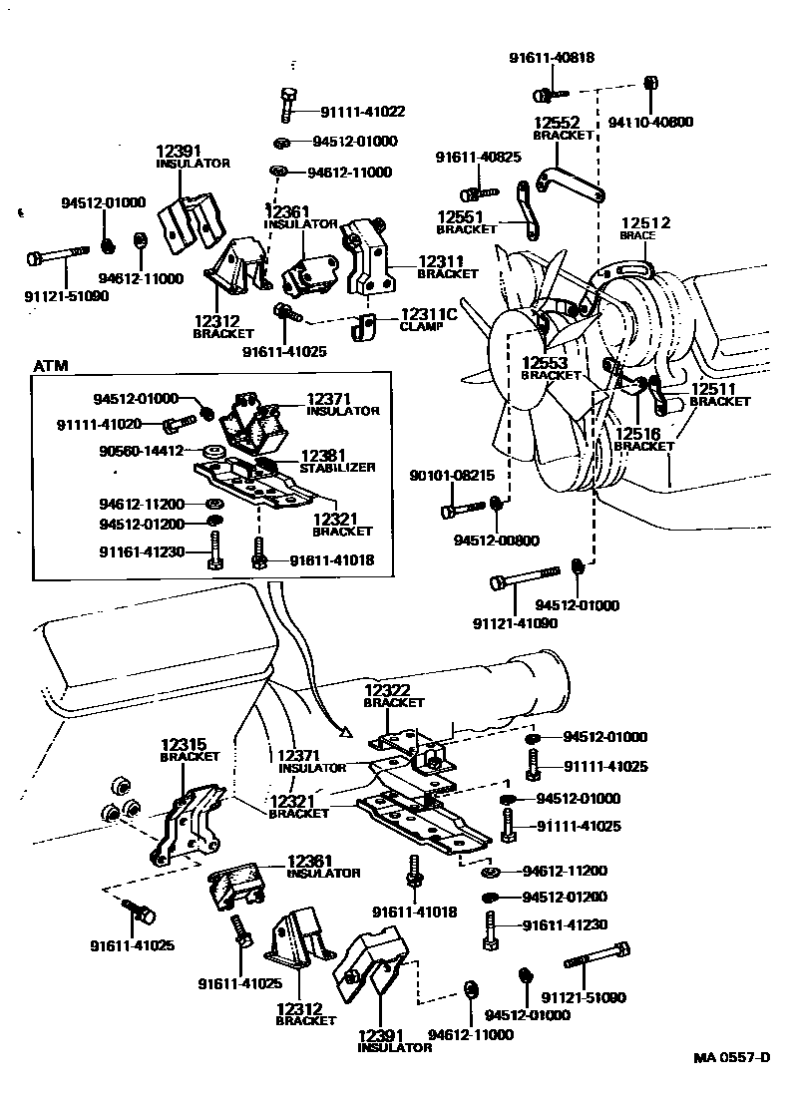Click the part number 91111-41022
pos(362,112)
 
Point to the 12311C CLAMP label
pos(428,319)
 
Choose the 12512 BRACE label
pos(645,228)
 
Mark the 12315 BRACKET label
pos(190,749)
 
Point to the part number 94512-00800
pos(496,541)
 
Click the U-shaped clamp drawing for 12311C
pos(366,327)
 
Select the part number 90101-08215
pos(452,476)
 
